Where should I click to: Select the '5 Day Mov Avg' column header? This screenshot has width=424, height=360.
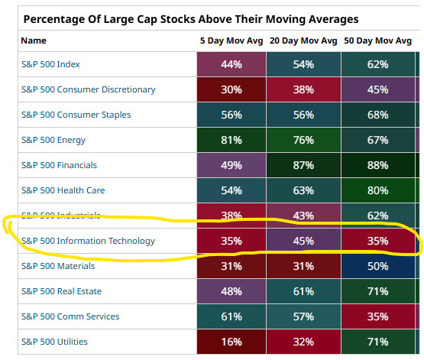231,41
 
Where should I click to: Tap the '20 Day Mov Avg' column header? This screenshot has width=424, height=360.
303,41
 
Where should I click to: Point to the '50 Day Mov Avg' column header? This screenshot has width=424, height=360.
377,41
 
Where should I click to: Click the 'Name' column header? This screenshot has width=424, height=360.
34,41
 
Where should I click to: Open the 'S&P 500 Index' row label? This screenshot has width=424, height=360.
50,64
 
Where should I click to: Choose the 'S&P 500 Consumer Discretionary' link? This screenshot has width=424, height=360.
89,89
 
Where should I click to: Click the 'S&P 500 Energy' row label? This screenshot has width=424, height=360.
53,140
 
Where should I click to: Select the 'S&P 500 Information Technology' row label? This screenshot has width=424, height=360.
88,241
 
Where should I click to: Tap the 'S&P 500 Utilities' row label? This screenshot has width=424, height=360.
54,342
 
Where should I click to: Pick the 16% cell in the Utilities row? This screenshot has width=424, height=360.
231,342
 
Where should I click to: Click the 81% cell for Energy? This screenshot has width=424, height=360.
231,140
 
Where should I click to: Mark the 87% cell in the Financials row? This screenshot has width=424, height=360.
303,165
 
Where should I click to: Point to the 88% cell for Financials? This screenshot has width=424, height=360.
377,165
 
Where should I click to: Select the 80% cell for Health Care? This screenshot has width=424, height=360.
377,190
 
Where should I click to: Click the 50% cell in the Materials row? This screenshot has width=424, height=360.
377,266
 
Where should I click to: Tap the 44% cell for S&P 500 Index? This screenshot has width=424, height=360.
231,64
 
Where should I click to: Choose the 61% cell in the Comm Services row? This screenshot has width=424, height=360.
231,316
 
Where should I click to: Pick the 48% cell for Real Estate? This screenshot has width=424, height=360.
231,291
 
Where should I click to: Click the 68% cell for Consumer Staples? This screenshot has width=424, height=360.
377,115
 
